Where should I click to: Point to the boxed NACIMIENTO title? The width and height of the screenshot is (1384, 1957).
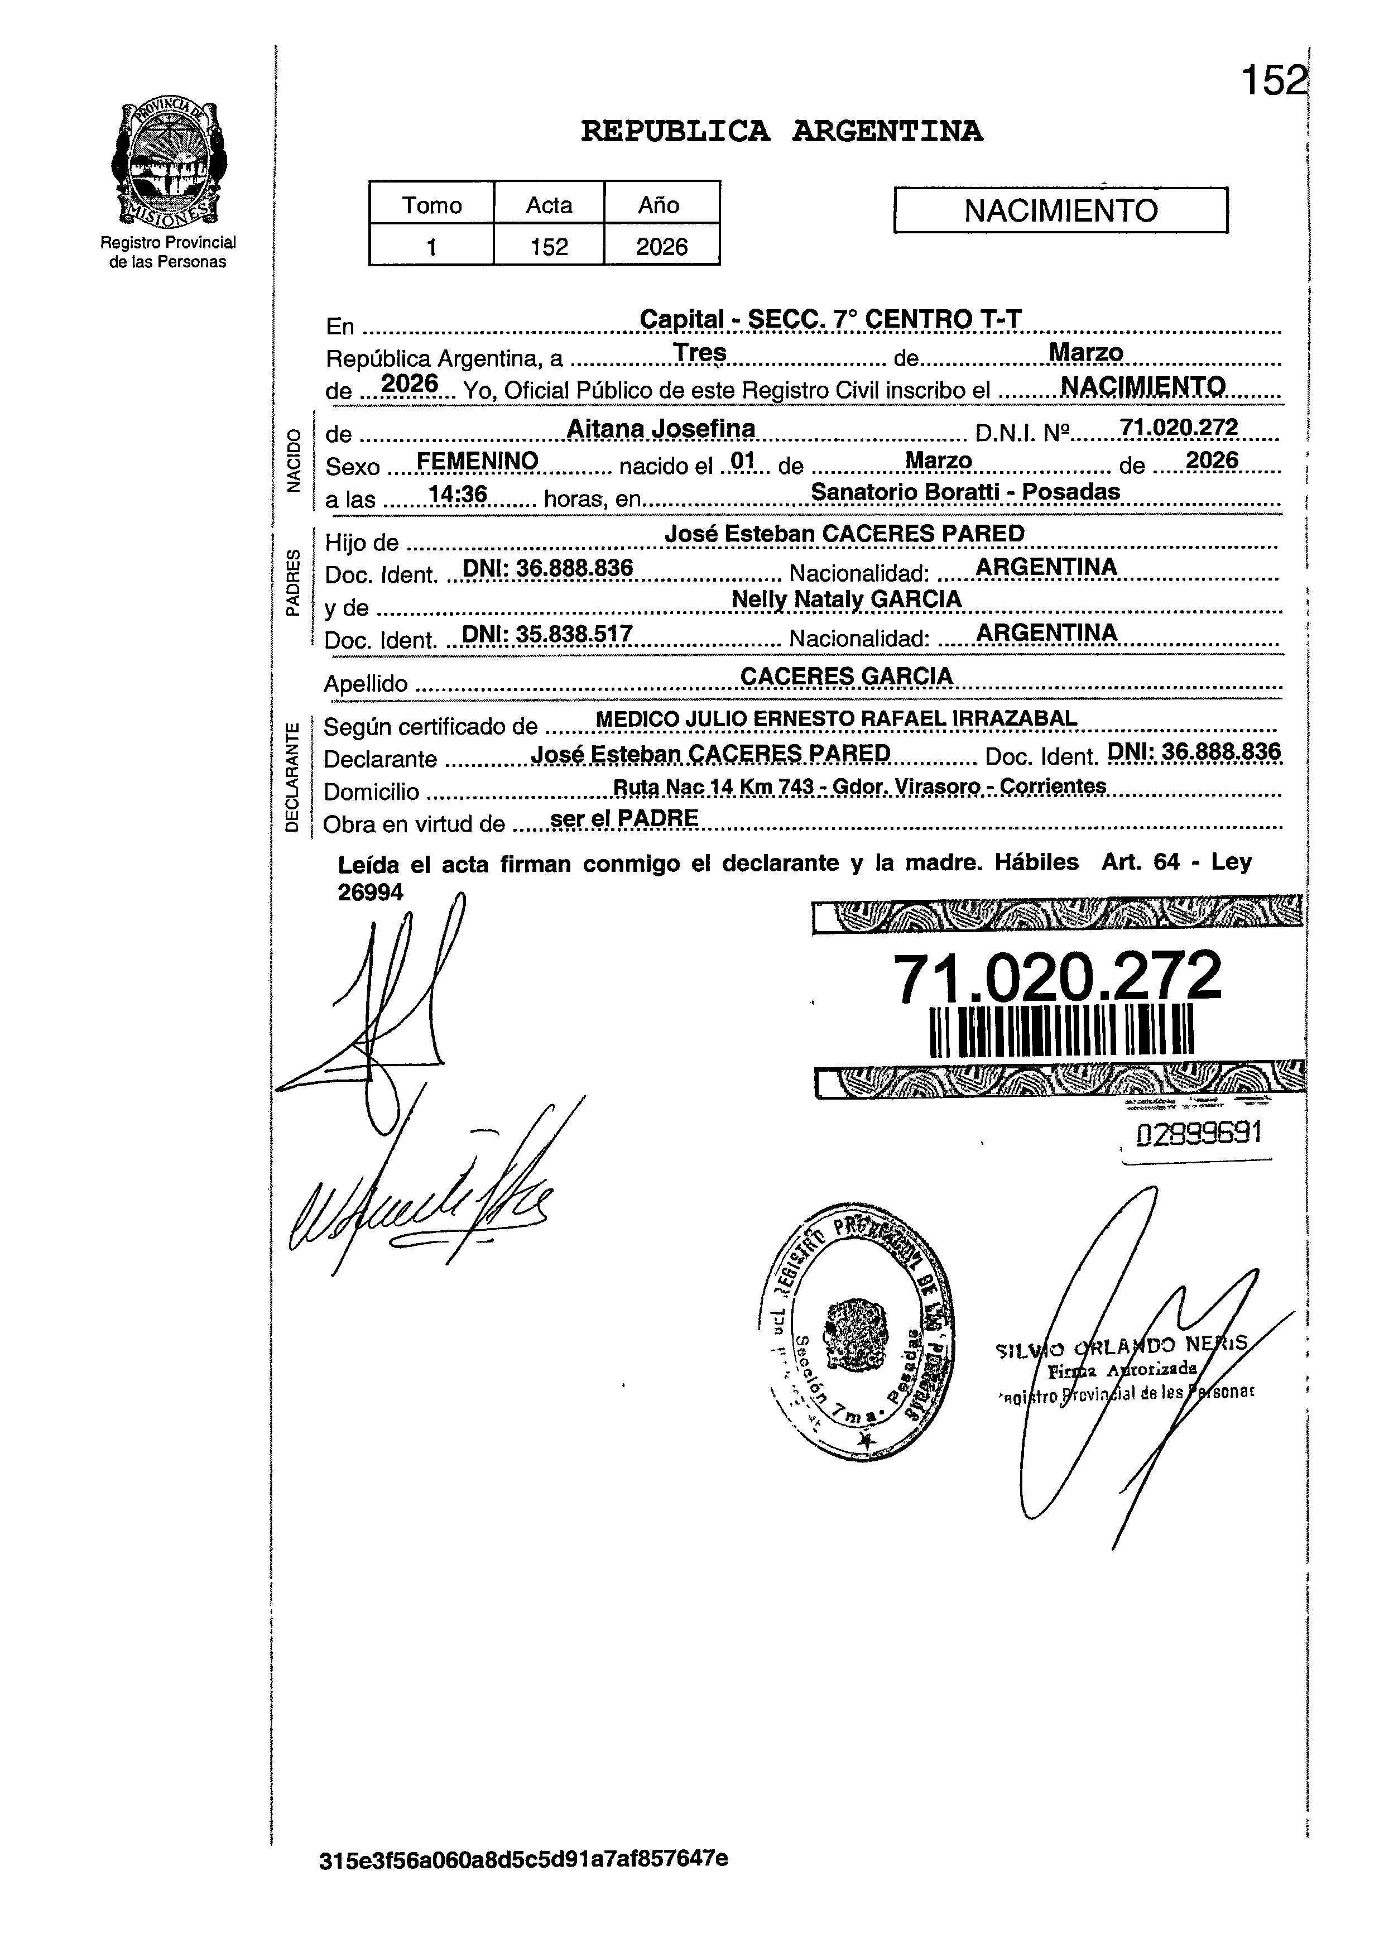click(x=1060, y=210)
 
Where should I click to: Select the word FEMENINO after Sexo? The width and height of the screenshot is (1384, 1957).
click(x=477, y=461)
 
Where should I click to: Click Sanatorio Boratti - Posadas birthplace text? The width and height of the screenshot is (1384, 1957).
click(x=965, y=492)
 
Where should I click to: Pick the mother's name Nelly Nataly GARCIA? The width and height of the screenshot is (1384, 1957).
click(x=846, y=599)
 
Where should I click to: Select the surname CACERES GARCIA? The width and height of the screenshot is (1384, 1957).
click(x=846, y=676)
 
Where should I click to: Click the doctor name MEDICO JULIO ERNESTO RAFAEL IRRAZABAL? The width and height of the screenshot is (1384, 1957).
click(x=836, y=718)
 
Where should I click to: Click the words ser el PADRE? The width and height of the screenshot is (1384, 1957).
click(x=624, y=818)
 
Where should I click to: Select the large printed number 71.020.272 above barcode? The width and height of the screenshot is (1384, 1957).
click(x=1057, y=977)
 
